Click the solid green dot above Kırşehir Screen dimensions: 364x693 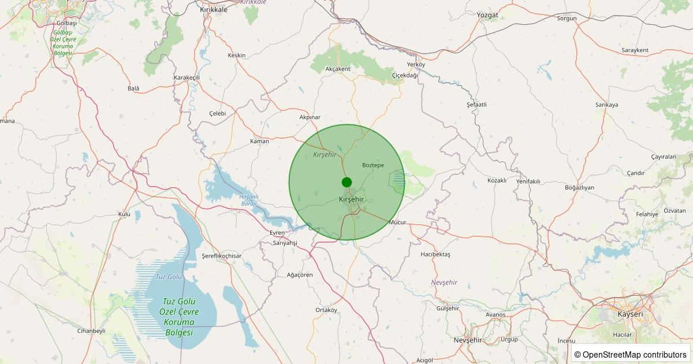(x=346, y=183)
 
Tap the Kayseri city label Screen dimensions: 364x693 (x=630, y=314)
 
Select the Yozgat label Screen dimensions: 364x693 (x=487, y=14)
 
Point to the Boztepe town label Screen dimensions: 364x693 (x=372, y=165)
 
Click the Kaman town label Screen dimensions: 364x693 (x=259, y=141)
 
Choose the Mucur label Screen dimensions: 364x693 (x=398, y=222)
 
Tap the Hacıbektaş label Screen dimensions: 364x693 (x=435, y=254)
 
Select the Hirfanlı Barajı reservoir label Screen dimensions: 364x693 (x=249, y=200)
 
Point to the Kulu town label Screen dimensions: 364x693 (x=124, y=214)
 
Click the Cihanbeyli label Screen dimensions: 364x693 (x=91, y=331)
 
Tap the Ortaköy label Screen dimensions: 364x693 (x=326, y=310)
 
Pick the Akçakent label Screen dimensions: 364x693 (x=338, y=69)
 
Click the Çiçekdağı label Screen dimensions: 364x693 (x=405, y=75)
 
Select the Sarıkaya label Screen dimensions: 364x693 (x=607, y=105)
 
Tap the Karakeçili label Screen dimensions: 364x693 (x=187, y=77)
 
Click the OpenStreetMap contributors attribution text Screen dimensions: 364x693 (x=631, y=354)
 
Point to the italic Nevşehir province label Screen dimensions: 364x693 (x=444, y=282)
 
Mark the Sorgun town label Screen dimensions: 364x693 (x=567, y=18)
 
